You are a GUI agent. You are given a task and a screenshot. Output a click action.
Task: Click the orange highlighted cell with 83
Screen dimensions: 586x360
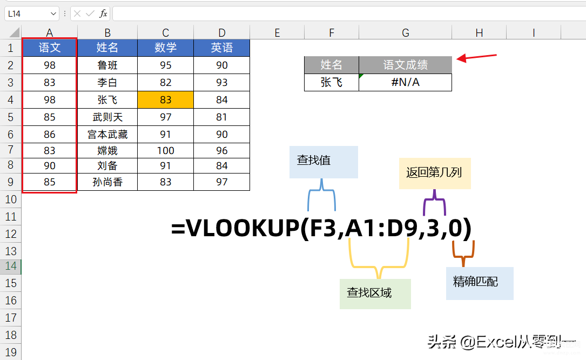pos(166,100)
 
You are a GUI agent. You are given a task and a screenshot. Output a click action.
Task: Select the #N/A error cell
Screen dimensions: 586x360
pos(405,82)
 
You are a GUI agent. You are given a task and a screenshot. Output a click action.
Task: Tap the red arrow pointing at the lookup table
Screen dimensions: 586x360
pos(476,57)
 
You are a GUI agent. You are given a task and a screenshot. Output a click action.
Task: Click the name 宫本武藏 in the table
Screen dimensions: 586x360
pos(107,135)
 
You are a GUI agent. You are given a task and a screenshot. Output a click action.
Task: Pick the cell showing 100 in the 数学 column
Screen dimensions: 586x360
pos(166,150)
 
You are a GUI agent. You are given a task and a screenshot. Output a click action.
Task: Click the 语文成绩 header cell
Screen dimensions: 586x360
pos(405,65)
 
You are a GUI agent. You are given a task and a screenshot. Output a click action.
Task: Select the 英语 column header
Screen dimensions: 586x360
pos(221,48)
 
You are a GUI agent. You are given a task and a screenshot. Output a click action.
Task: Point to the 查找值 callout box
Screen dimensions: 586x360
pos(324,162)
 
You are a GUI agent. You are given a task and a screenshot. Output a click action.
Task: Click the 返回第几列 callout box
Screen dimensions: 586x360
pos(435,173)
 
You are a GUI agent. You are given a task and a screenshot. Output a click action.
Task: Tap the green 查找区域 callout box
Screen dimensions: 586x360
pos(375,294)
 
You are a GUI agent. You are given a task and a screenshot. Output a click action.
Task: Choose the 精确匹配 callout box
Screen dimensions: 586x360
pos(480,283)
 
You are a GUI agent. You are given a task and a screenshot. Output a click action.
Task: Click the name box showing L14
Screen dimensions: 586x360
pos(32,14)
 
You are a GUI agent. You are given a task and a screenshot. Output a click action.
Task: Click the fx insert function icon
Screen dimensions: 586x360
pos(103,14)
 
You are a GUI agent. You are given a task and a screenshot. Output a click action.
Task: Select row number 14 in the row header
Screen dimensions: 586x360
pos(11,266)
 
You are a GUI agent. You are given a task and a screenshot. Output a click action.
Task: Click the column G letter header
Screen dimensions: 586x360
pos(406,32)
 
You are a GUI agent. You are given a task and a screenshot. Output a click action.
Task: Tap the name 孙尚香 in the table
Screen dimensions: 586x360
pos(107,182)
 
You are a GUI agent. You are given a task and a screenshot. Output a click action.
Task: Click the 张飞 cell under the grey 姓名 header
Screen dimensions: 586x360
pos(332,82)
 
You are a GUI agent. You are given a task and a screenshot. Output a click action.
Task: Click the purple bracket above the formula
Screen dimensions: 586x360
pos(434,199)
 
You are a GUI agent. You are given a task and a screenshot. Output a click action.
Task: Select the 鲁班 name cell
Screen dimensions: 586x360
pos(107,65)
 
